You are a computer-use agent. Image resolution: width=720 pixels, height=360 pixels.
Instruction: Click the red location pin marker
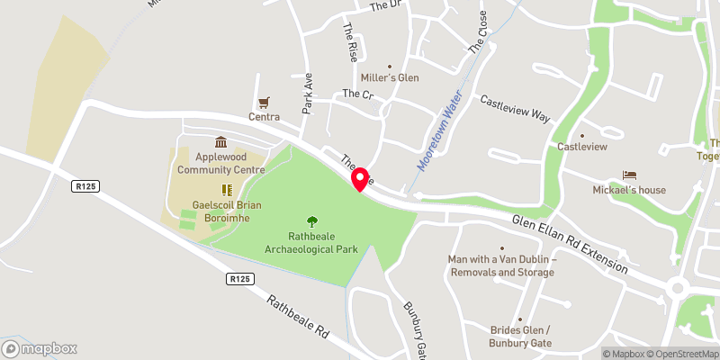point(360,178)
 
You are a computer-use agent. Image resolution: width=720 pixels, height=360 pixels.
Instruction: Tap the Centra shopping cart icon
point(265,103)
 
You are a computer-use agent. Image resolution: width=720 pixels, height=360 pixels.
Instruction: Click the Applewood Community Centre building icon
point(220,142)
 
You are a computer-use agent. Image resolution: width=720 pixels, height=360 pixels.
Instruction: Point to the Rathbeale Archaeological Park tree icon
point(311,220)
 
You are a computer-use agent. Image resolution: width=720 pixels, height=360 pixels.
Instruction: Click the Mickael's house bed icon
point(628,175)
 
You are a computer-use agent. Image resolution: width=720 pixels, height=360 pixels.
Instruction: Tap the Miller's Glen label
point(390,77)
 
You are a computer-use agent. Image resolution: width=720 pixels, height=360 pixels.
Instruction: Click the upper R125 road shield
point(85,185)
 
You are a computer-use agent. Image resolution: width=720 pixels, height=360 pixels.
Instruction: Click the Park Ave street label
point(307,93)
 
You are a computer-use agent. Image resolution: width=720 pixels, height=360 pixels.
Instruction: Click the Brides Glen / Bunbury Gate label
point(520,336)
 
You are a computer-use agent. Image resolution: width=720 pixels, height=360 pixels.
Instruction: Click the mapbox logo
point(40,348)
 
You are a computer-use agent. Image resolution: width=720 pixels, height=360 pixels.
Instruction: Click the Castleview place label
point(582,147)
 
